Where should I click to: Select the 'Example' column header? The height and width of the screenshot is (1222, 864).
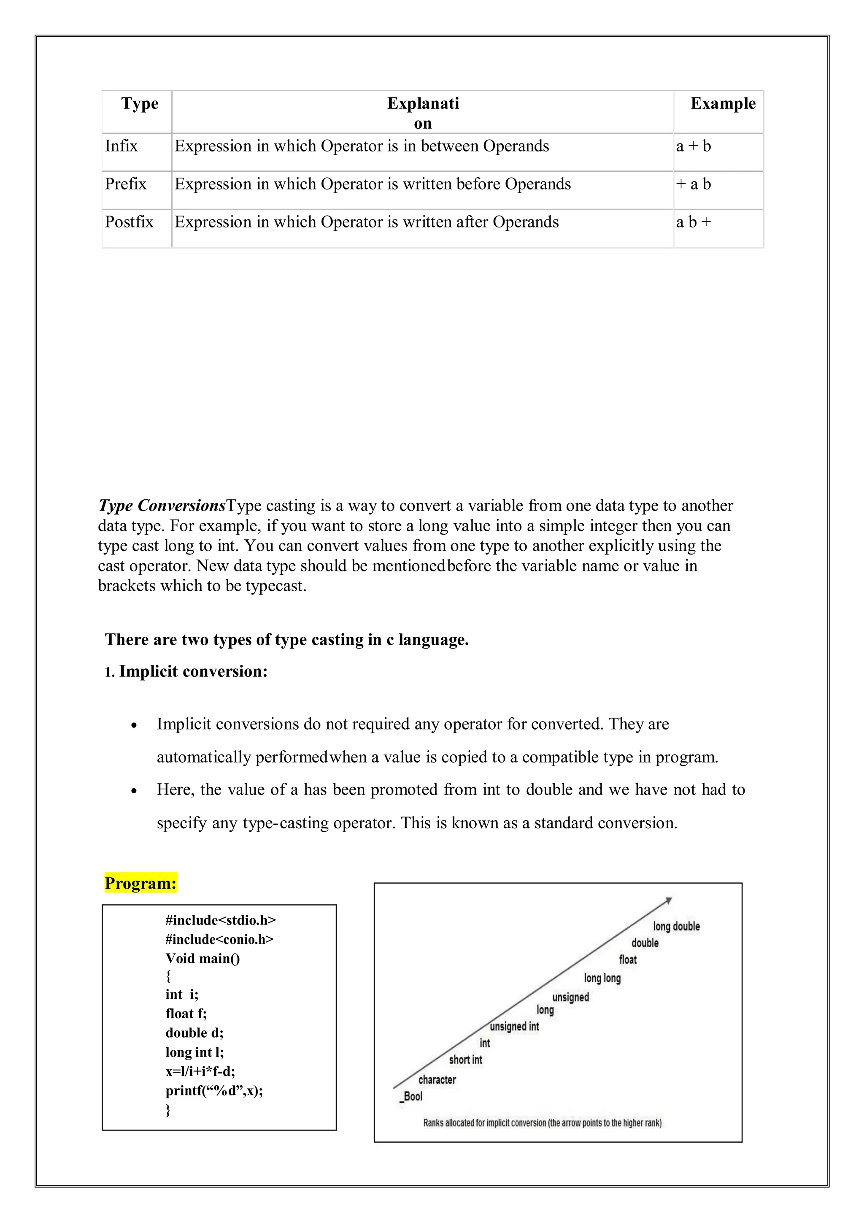point(723,103)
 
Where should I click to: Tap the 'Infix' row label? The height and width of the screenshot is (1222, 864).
point(121,146)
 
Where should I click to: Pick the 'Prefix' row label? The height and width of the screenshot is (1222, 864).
point(126,184)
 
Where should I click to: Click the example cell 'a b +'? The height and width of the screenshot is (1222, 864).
point(693,222)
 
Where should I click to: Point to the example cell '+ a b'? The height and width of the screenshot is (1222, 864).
point(693,184)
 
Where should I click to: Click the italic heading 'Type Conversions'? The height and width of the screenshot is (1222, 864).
point(162,505)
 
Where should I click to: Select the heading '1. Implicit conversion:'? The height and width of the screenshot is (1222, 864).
point(186,671)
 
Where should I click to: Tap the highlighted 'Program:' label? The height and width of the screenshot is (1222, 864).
point(140,883)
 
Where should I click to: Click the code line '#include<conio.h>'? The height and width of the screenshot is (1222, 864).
point(219,939)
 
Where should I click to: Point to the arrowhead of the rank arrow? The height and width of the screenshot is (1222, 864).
point(669,900)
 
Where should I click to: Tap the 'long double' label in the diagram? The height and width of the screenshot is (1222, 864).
point(676,926)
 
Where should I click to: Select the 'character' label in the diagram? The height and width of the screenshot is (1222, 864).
point(437,1079)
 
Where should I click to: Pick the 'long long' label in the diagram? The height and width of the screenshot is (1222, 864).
point(602,978)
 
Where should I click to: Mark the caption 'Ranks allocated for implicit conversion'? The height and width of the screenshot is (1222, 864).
point(542,1122)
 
